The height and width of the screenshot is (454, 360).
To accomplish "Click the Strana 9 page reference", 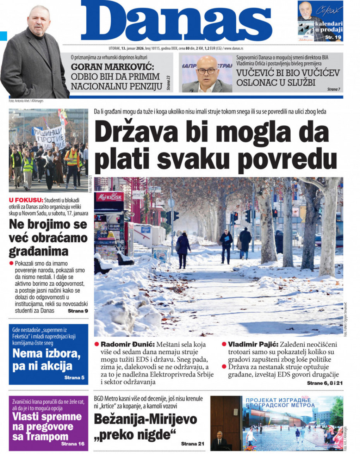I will pyautogui.click(x=78, y=311).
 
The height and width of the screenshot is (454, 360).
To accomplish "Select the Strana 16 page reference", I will pyautogui.click(x=73, y=444).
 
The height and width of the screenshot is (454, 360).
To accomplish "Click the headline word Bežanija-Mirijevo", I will pyautogui.click(x=146, y=420).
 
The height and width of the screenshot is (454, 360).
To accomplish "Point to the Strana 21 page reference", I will pyautogui.click(x=192, y=444).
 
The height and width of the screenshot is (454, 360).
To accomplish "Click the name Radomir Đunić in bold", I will pyautogui.click(x=122, y=344).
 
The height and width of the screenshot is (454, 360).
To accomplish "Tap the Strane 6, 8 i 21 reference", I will pyautogui.click(x=325, y=383).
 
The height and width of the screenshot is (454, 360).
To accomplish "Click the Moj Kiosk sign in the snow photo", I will pyautogui.click(x=110, y=197).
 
